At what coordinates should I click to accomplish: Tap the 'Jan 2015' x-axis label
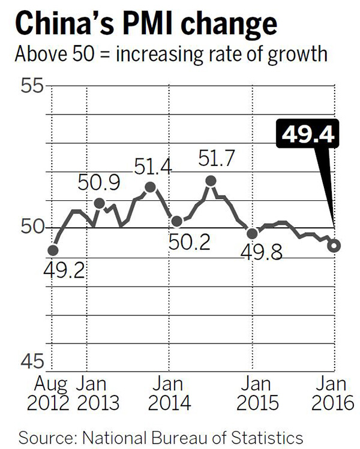tap(251, 391)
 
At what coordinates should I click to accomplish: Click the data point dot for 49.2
tap(53, 250)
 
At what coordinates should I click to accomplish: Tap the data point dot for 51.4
tap(151, 188)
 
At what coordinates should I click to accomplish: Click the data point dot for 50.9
tap(100, 203)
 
